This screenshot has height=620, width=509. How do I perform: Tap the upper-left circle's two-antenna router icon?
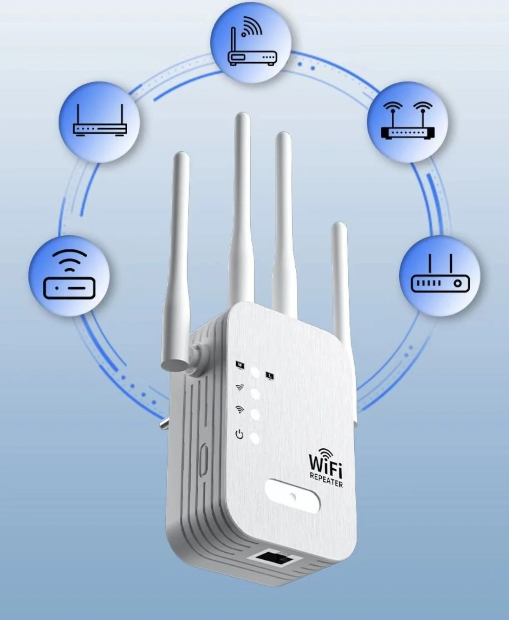tap(99, 122)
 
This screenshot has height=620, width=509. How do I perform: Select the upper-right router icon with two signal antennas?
tap(407, 122)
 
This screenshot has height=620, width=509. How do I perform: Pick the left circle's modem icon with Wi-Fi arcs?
tap(69, 276)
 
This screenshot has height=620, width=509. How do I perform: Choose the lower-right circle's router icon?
tap(440, 275)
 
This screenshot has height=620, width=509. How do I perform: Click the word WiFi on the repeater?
tap(325, 462)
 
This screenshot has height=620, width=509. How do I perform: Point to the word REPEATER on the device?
tap(326, 478)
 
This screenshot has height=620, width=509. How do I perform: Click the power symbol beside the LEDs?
tap(239, 435)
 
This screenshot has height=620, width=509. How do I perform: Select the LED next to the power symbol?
tap(254, 438)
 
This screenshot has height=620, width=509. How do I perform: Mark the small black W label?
tap(240, 365)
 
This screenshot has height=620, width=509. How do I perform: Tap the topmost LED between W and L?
tap(254, 373)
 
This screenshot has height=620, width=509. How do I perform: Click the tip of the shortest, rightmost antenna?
tap(339, 227)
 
